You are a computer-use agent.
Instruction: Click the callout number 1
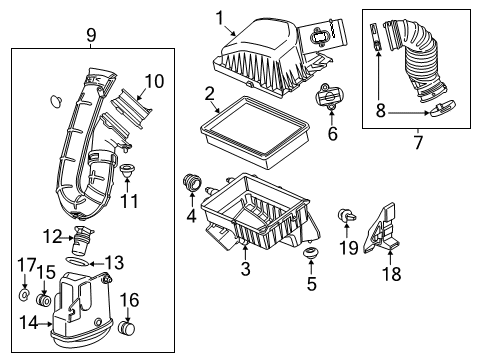click(x=220, y=17)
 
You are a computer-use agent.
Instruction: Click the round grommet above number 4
click(x=192, y=184)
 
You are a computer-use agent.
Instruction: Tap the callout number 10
click(x=153, y=80)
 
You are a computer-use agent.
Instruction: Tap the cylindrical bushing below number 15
click(x=45, y=299)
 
